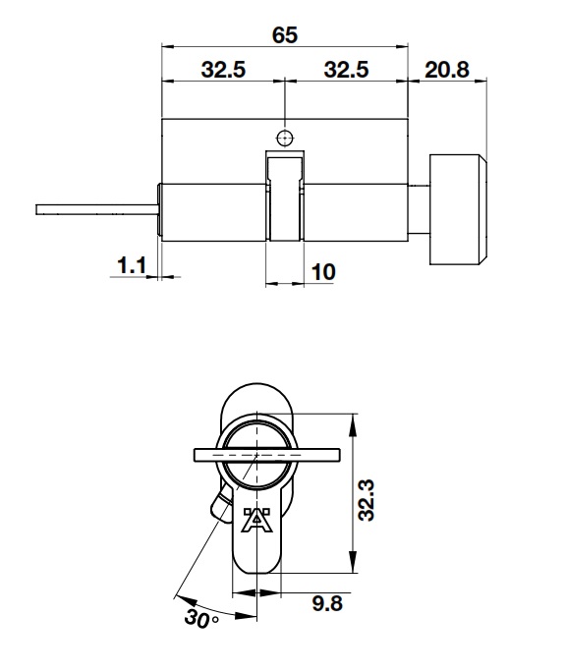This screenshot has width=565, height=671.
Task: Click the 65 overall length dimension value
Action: (x=285, y=35)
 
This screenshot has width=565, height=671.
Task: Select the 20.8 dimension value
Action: (x=447, y=71)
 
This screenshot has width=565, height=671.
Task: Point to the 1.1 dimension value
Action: (x=132, y=264)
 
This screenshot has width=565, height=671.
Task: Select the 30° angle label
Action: (x=202, y=620)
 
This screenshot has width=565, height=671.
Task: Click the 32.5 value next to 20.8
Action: (x=346, y=71)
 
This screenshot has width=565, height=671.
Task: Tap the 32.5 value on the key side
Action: (x=223, y=71)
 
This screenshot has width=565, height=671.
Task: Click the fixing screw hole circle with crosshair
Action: (x=284, y=137)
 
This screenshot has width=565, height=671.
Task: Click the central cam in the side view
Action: (x=284, y=196)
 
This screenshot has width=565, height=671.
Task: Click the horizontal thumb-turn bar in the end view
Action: (x=266, y=455)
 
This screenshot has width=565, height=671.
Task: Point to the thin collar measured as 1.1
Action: (x=159, y=209)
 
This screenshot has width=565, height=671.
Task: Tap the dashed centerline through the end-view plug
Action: (x=257, y=457)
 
